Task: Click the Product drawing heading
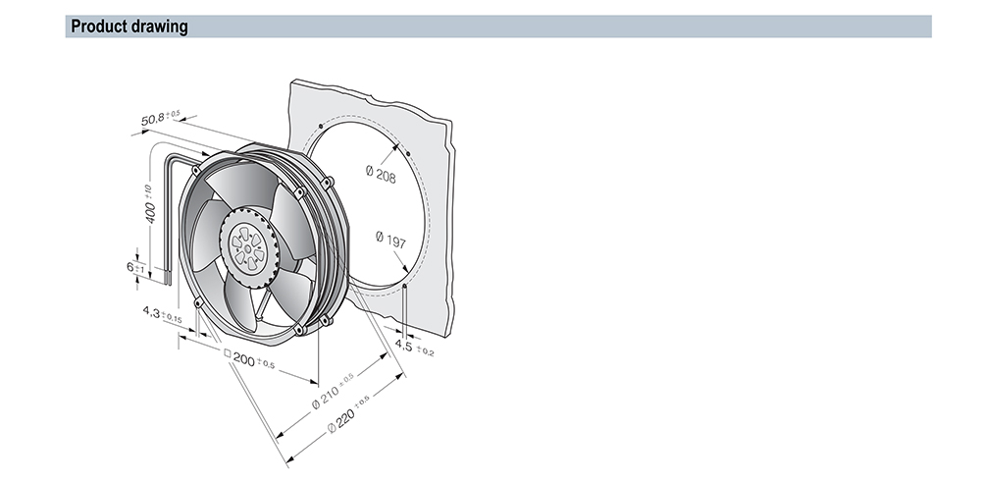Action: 129,27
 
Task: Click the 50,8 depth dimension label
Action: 160,118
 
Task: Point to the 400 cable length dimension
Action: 149,203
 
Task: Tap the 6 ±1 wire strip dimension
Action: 135,267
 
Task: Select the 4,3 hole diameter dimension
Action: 162,314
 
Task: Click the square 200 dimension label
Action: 249,358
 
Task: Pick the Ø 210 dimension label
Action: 333,391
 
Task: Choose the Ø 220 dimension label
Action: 348,413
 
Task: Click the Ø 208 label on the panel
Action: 381,174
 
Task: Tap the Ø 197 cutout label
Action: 390,240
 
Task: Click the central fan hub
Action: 248,246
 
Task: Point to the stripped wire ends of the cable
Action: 167,276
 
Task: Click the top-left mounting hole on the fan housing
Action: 196,170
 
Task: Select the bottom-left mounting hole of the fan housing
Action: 198,303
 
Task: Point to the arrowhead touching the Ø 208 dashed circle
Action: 396,148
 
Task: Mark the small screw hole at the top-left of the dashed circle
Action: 321,126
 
